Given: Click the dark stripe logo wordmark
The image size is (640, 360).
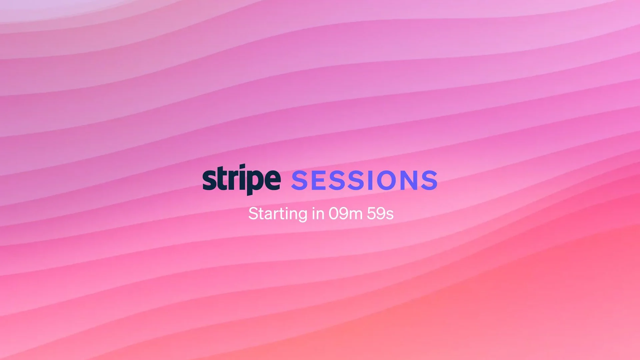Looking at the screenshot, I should pyautogui.click(x=241, y=180).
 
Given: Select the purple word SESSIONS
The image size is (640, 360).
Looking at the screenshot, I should pyautogui.click(x=364, y=180).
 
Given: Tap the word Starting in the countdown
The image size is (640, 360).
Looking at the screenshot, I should pyautogui.click(x=278, y=214).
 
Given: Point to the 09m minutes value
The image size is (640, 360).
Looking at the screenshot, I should pyautogui.click(x=345, y=214).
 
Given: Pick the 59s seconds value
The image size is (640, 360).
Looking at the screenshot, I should pyautogui.click(x=380, y=214).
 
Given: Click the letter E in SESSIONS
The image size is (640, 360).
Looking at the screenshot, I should pyautogui.click(x=319, y=180).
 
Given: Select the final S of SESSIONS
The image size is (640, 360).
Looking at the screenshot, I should pyautogui.click(x=429, y=180).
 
